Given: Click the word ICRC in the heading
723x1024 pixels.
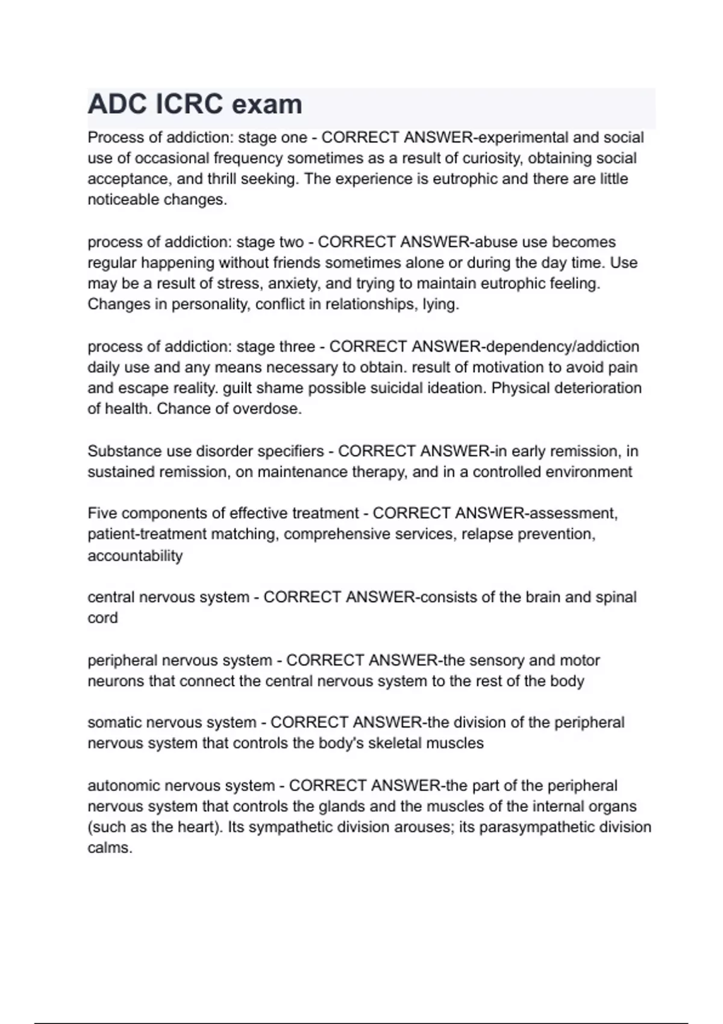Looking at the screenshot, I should point(190,104).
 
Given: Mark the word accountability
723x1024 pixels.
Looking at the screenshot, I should point(135,555).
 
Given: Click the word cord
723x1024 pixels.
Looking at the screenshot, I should point(102,618).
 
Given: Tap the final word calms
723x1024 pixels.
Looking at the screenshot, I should point(110,848).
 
